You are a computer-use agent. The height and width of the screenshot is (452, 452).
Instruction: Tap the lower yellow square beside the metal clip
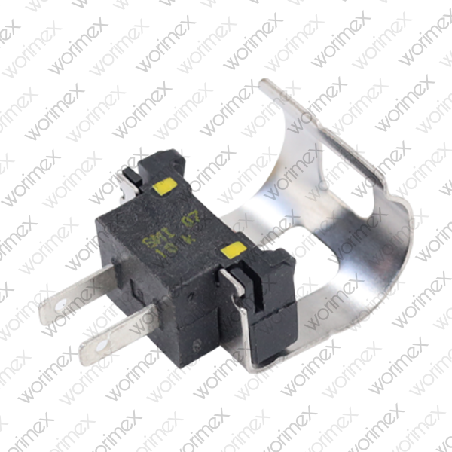coord(231,250)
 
